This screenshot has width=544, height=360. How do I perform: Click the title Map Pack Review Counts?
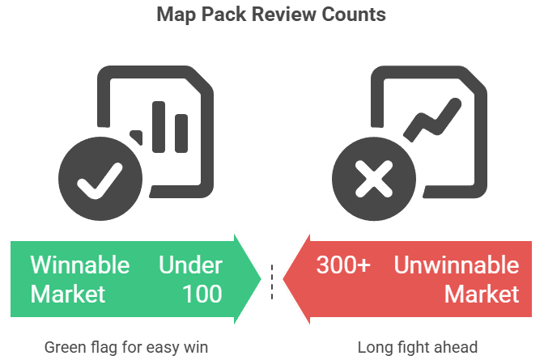point(271,15)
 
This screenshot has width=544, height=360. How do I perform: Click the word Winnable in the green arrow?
point(79,265)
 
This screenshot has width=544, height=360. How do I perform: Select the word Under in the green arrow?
point(190,265)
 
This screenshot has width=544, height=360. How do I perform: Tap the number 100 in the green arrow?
point(202,293)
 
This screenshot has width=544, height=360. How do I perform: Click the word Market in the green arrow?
point(68,293)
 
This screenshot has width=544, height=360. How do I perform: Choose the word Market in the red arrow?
point(482,293)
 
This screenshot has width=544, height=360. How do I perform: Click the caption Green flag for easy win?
point(126,348)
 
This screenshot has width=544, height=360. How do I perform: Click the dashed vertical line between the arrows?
point(272,278)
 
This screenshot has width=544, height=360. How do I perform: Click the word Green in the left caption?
point(62,348)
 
